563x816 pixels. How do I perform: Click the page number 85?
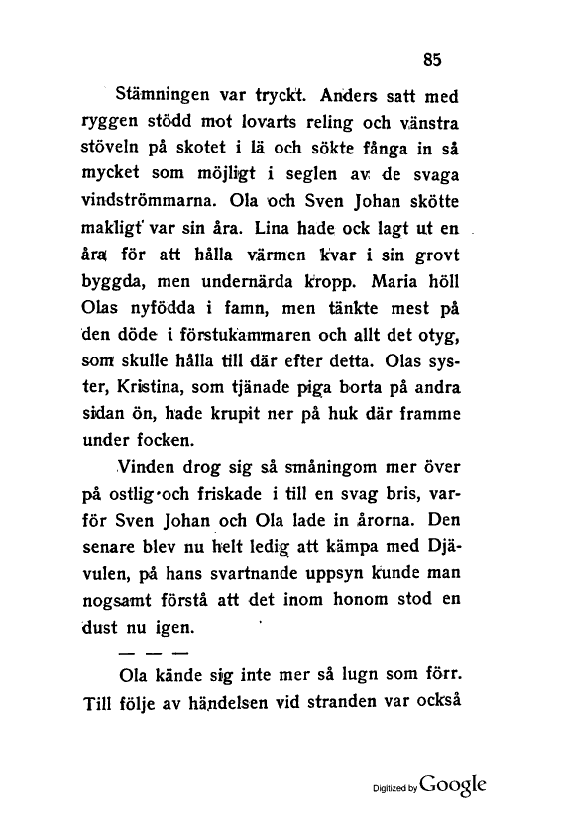click(x=431, y=59)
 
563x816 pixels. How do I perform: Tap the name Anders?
click(x=340, y=97)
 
